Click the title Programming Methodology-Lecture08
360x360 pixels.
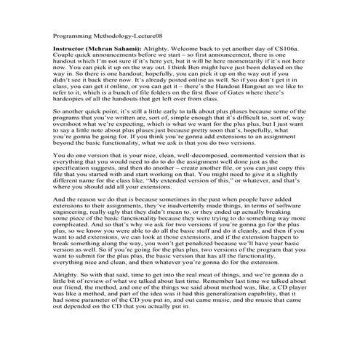point(107,33)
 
